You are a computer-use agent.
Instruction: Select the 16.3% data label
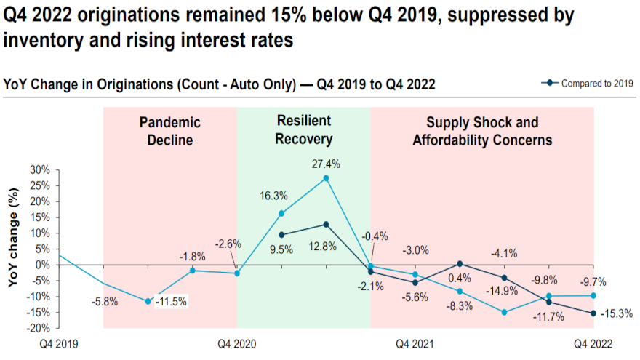pos(273,196)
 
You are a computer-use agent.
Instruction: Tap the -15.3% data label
pos(617,314)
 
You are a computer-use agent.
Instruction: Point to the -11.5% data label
pos(172,301)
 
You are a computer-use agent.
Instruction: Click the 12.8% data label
pos(323,246)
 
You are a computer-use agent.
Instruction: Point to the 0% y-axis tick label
pos(43,264)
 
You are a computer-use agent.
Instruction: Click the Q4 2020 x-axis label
pos(237,343)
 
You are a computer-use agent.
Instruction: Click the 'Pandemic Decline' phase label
pos(169,131)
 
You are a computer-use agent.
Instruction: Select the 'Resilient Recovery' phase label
pos(303,129)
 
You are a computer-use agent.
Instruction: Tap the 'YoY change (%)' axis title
pos(12,249)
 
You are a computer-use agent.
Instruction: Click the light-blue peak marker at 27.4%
pos(326,178)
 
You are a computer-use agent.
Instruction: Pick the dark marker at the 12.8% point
pos(326,224)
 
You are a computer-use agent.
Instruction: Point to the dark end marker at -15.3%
pos(593,313)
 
